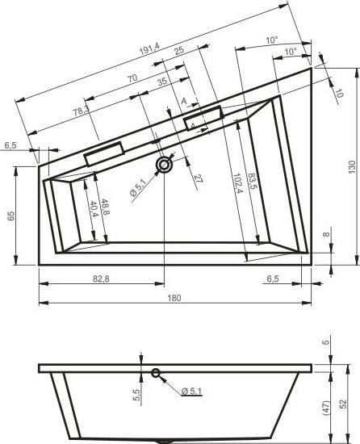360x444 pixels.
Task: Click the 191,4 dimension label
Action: click(x=149, y=48)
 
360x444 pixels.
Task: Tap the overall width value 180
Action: click(x=174, y=298)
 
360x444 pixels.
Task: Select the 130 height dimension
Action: click(x=352, y=167)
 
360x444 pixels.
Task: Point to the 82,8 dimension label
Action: click(x=101, y=279)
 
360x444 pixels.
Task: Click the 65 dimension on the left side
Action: click(x=10, y=216)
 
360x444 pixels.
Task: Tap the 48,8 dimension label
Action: click(x=104, y=207)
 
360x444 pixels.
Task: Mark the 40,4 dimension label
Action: click(x=93, y=209)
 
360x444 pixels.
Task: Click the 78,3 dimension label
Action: click(x=82, y=111)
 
